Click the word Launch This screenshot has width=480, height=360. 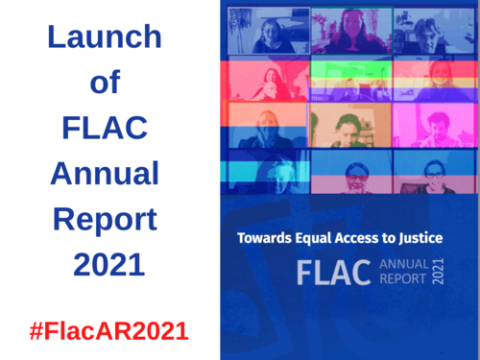point(105,38)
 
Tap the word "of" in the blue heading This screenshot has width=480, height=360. point(105,84)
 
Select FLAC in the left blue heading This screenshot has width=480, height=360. point(105,129)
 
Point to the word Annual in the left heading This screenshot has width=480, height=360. point(105,174)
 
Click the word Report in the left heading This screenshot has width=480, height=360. point(105,220)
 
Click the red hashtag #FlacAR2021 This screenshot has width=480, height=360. point(108,331)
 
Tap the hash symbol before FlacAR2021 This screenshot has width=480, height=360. point(36,331)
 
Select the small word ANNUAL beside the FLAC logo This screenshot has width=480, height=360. point(404,266)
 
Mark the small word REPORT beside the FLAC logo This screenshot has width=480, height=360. point(404,284)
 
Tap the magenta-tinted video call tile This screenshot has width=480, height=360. point(433,125)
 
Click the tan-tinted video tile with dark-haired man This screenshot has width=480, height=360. point(350,125)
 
